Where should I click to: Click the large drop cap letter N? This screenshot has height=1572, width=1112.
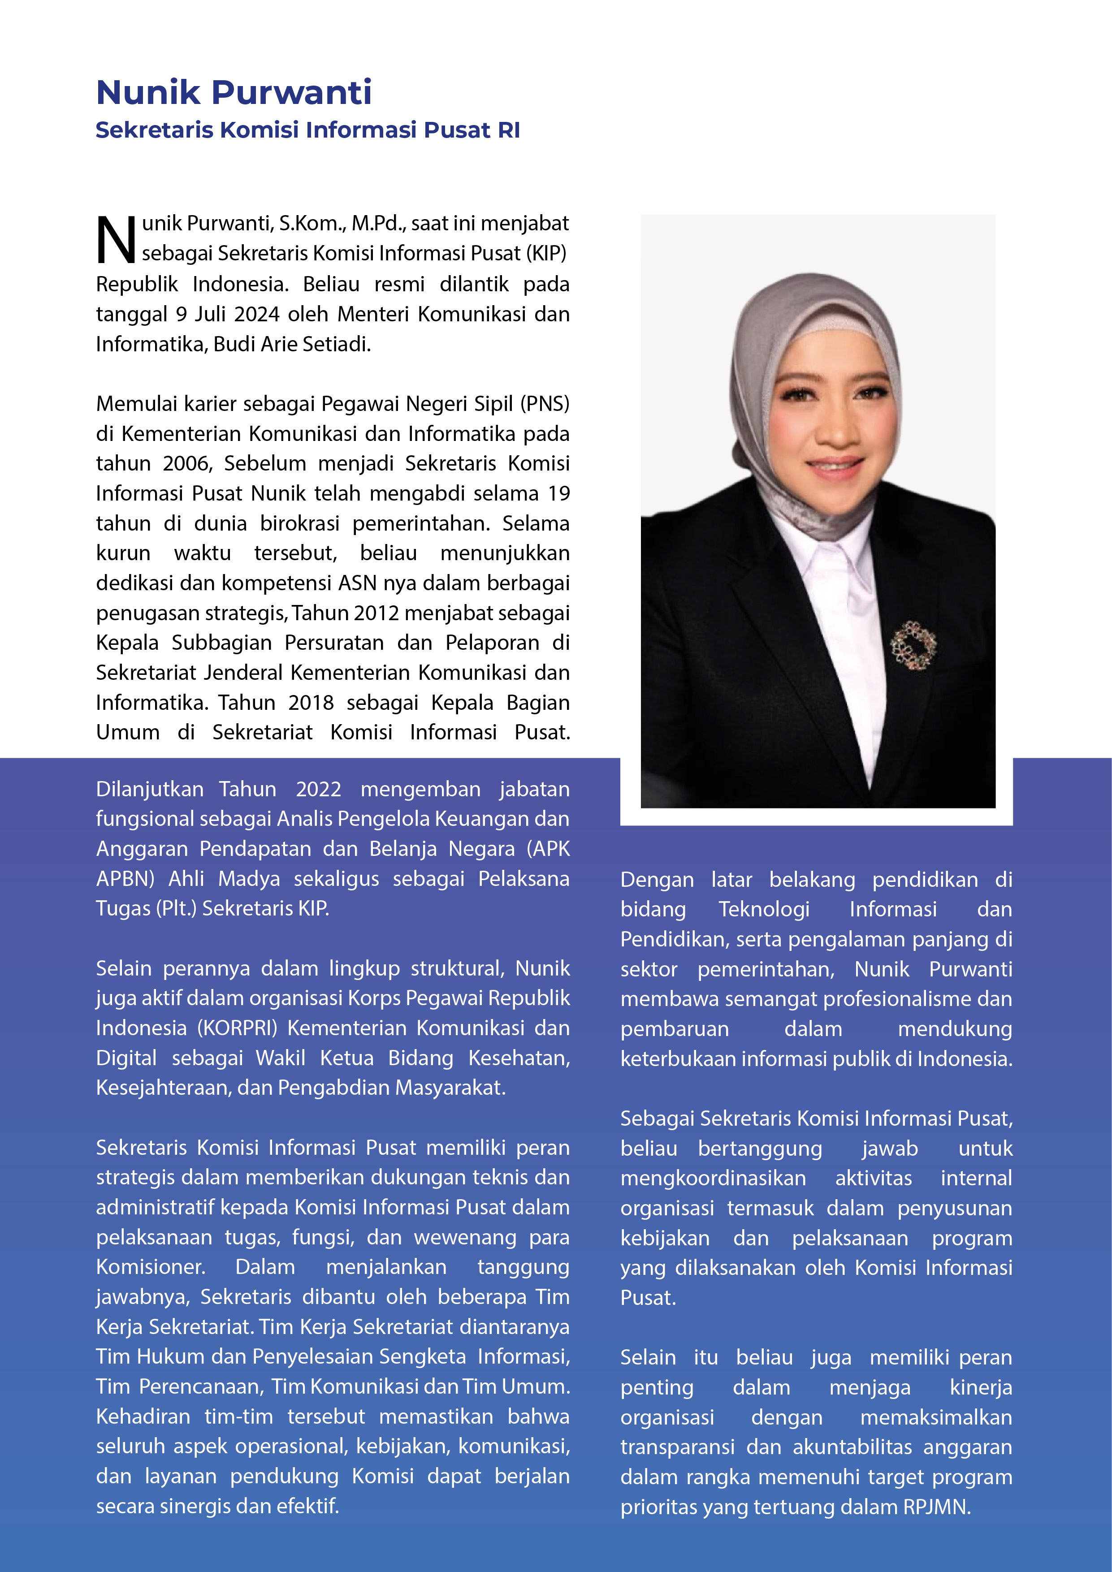[x=116, y=240]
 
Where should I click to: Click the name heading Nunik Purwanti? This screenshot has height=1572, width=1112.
[x=234, y=92]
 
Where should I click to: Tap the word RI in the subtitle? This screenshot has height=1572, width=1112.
[x=509, y=130]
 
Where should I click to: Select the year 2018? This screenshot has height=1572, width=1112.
[x=311, y=703]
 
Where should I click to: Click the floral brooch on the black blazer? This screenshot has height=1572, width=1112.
[x=912, y=644]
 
